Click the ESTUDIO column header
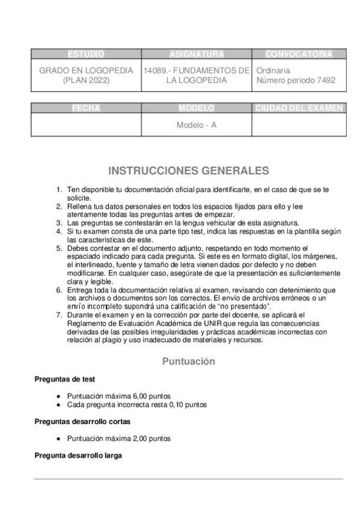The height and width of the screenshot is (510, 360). (x=86, y=54)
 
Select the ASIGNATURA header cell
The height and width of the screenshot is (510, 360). (x=197, y=54)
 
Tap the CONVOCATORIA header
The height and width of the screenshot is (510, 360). (x=299, y=54)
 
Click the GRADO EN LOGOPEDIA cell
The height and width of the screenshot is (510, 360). (x=86, y=75)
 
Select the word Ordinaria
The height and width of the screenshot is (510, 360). (x=273, y=70)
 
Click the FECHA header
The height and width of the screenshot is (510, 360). (x=86, y=108)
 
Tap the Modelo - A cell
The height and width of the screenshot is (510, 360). (x=197, y=126)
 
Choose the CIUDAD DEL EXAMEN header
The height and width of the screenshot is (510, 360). (x=299, y=108)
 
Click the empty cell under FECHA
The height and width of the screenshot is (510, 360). (x=86, y=125)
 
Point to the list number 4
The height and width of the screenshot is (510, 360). (x=59, y=231)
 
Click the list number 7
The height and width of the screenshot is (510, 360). (x=59, y=315)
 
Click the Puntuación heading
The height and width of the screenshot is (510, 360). (x=188, y=361)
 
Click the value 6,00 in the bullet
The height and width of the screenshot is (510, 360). (x=133, y=396)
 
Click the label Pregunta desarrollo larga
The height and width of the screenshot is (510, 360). (x=78, y=456)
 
